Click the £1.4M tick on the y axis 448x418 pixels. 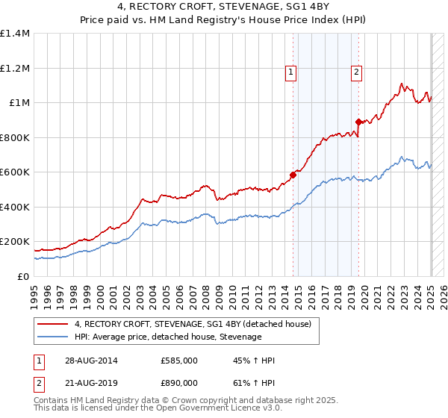tap(15, 34)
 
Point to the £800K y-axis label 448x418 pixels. tap(15, 137)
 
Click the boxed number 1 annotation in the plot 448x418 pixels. tap(290, 72)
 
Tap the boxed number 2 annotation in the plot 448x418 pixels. tap(356, 72)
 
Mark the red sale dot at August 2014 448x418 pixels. tap(293, 175)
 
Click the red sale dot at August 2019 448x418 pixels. tap(358, 122)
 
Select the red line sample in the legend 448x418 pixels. tap(53, 324)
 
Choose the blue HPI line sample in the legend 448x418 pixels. tap(53, 337)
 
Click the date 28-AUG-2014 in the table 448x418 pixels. tap(90, 361)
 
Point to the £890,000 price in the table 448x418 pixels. tap(178, 382)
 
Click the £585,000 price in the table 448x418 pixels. tap(178, 361)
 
